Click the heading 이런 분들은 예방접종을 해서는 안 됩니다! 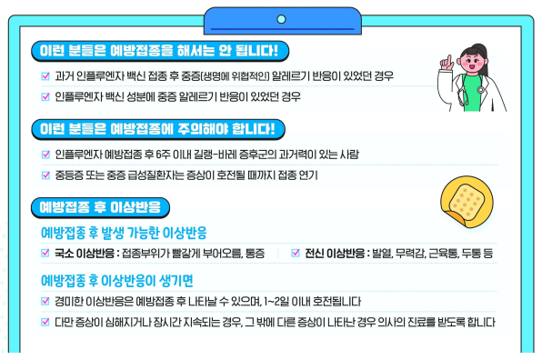point(159,49)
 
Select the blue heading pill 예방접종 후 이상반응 point(99,206)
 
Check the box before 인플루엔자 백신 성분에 point(46,95)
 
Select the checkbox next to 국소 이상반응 point(46,253)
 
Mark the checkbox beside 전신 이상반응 point(295,253)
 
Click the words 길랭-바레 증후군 point(219,155)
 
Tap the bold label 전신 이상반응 point(335,253)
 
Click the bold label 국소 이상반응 point(85,253)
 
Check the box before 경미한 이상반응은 point(46,301)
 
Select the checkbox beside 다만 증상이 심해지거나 point(46,321)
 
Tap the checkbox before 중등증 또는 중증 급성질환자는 point(46,175)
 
